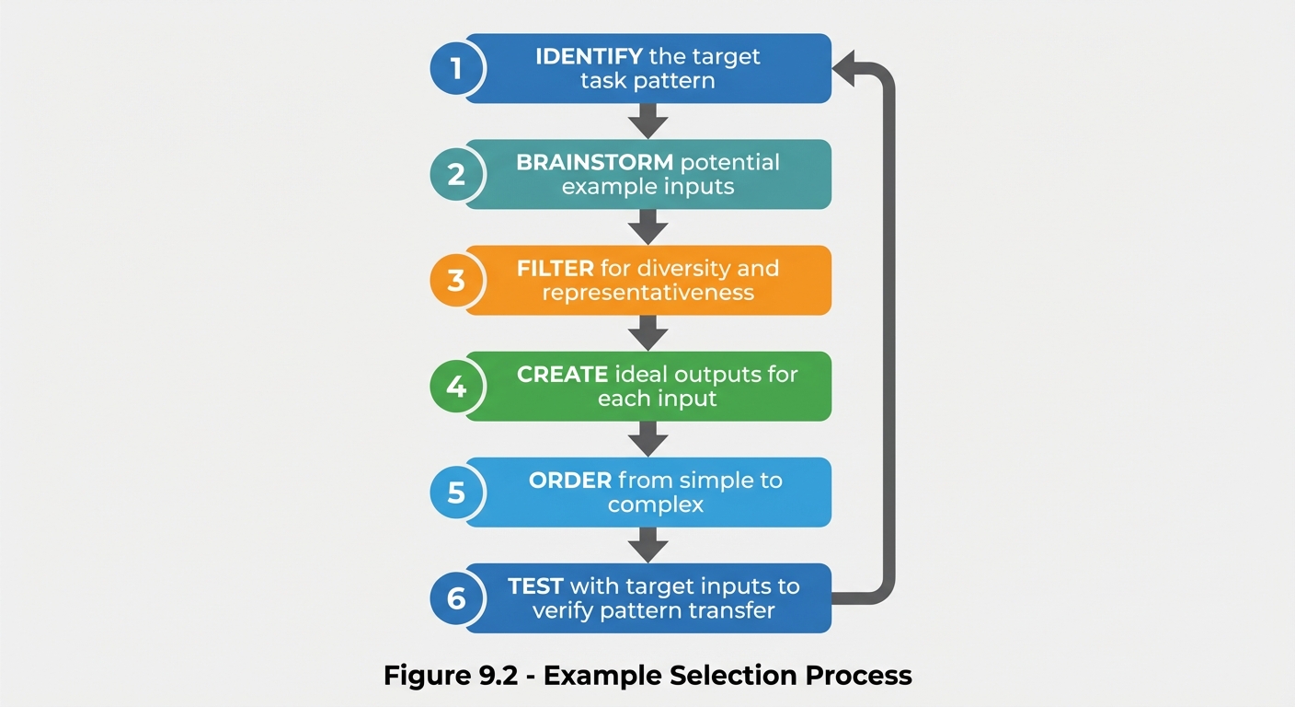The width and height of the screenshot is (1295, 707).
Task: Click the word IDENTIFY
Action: [589, 56]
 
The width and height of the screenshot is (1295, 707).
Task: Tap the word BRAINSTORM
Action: [595, 163]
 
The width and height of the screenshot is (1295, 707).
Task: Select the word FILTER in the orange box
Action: [556, 269]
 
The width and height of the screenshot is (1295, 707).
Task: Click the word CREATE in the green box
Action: [562, 375]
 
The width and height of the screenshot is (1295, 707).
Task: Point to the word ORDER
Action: [570, 481]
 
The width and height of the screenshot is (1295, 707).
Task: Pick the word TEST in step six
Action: [535, 586]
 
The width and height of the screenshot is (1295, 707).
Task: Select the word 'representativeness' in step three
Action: [647, 294]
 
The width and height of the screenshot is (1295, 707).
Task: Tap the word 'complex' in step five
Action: [655, 505]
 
